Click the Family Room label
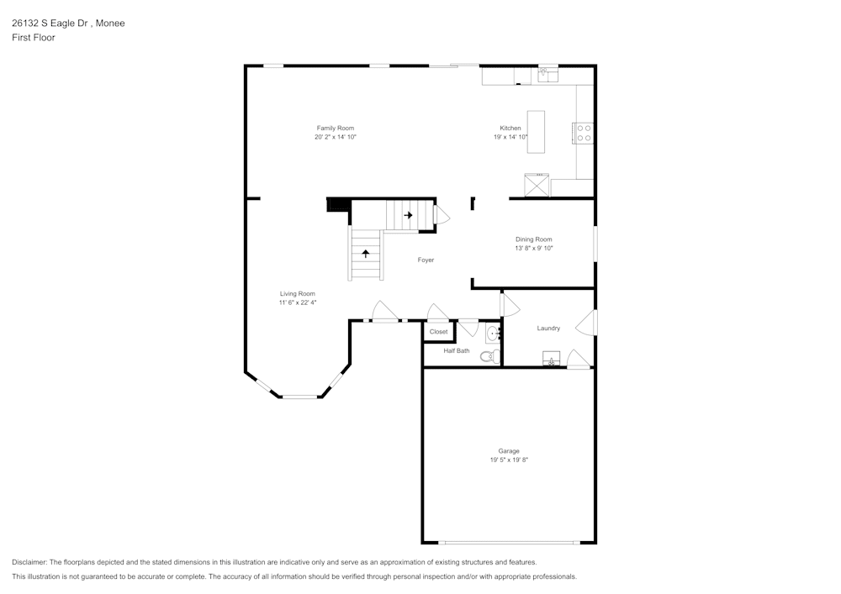(x=335, y=129)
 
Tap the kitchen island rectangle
(x=536, y=132)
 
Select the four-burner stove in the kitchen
(x=583, y=133)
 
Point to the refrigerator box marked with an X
(x=537, y=185)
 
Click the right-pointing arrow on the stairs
(x=409, y=215)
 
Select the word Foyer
(x=426, y=260)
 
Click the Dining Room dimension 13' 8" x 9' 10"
(x=534, y=249)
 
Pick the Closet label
(x=439, y=332)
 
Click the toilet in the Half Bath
(x=488, y=357)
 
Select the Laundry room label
(x=548, y=329)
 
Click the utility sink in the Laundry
(x=551, y=360)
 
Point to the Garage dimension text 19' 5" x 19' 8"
(x=509, y=460)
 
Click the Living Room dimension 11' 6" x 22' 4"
(x=298, y=302)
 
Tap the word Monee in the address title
(x=110, y=24)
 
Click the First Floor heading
(x=34, y=38)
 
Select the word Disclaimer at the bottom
(x=29, y=562)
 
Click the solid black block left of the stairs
(x=338, y=204)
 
